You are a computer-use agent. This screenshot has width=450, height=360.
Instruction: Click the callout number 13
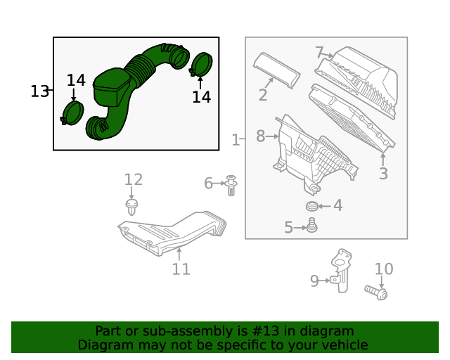pos(39,91)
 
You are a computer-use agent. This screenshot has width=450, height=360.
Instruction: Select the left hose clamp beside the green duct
pos(72,113)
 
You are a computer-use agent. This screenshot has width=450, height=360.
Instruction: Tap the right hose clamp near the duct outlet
pos(201,65)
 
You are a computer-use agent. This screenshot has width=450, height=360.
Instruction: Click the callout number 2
pos(262,95)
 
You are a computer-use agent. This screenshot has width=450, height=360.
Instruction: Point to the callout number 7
pos(319,53)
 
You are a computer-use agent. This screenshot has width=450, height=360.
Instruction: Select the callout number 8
pos(260,136)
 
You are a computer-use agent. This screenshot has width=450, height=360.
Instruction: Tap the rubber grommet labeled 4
pos(312,206)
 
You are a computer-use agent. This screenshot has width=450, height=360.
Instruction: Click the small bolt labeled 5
pos(312,226)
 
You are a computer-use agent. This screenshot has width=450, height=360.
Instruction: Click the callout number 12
pos(134,180)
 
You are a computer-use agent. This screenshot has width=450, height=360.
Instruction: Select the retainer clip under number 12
pos(131,206)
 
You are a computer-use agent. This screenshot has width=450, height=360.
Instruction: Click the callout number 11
pos(181,269)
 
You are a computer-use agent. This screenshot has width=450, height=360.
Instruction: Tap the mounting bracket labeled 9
pos(342,268)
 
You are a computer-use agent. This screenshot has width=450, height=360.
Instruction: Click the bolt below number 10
pos(376,290)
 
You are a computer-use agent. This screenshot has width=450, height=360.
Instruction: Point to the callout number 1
pos(236,140)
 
